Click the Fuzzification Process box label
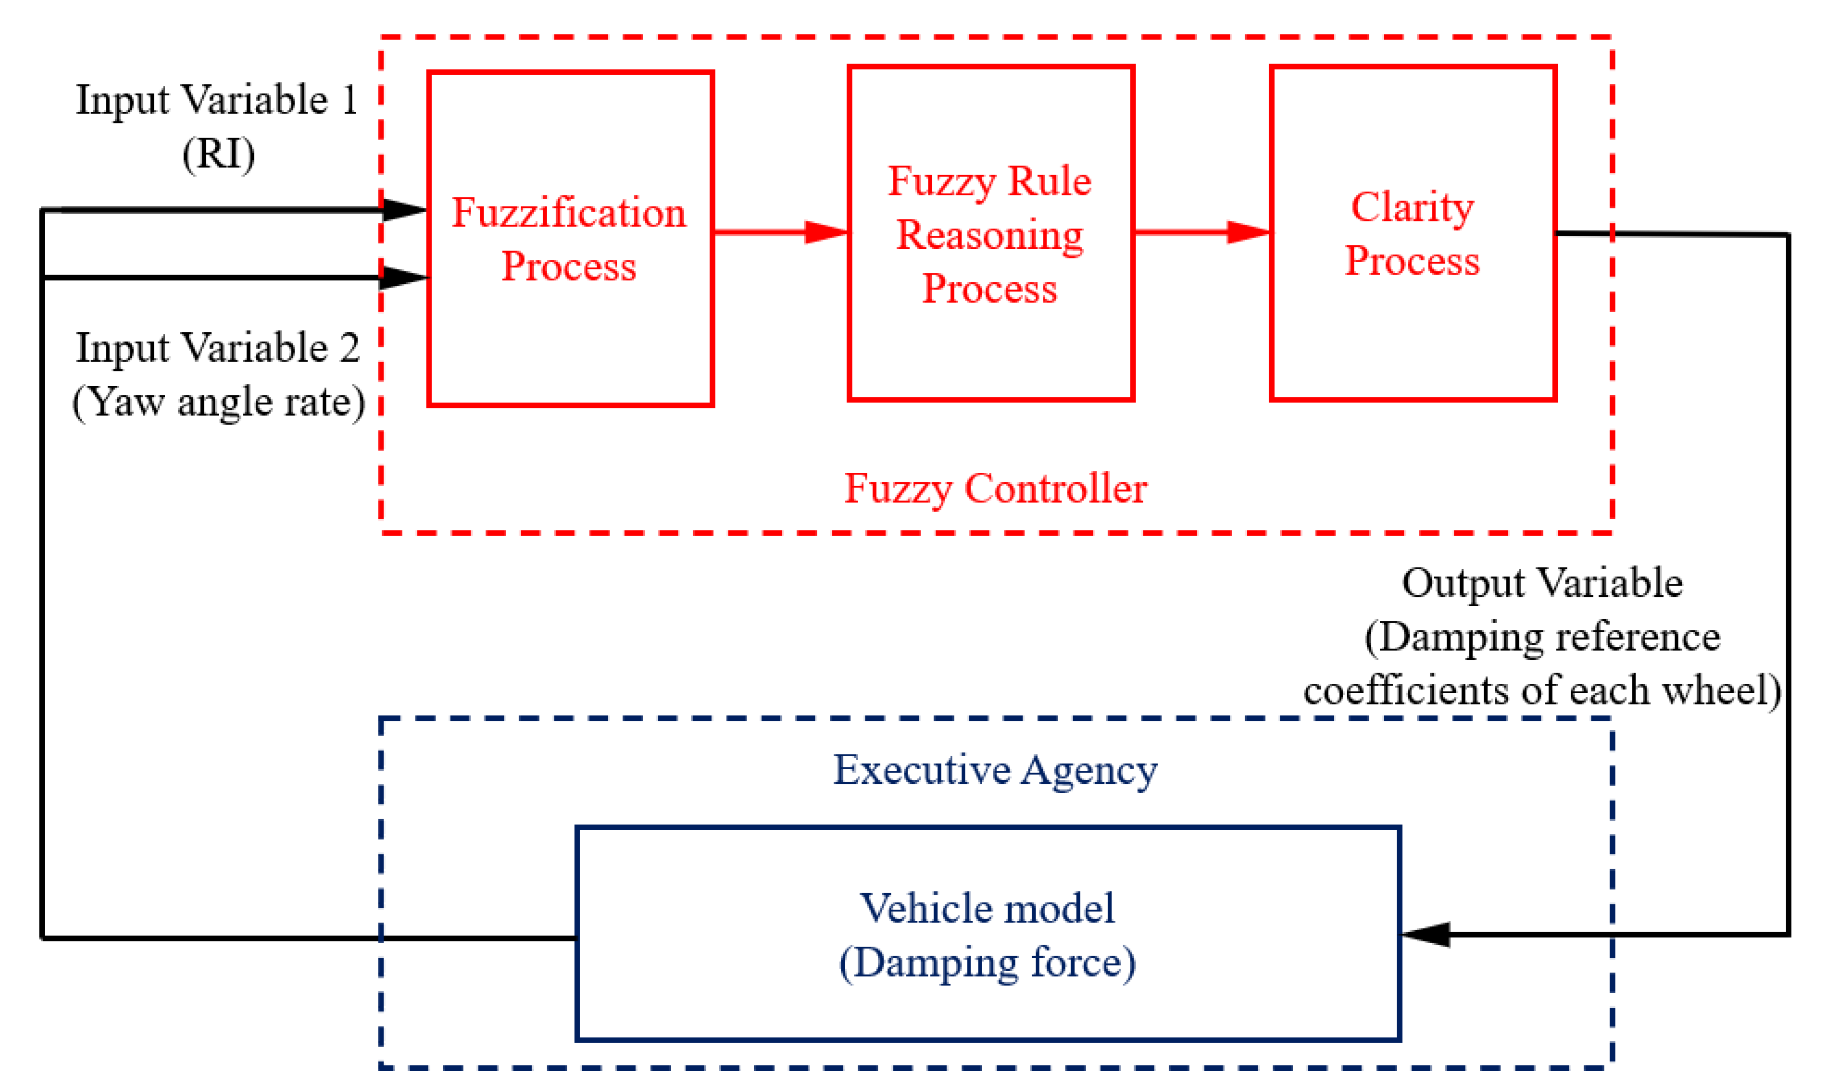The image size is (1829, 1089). (x=569, y=239)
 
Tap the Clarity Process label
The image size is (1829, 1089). (x=1412, y=234)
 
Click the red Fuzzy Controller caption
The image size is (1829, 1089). (x=995, y=489)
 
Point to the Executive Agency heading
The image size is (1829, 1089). (x=995, y=770)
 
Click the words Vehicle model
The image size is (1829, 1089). (x=988, y=908)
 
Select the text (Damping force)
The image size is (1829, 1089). (x=988, y=963)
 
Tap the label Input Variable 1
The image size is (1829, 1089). (x=217, y=101)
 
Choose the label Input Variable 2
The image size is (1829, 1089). (x=218, y=348)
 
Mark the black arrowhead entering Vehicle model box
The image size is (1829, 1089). (x=1425, y=934)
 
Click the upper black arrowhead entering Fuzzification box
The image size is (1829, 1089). (x=404, y=210)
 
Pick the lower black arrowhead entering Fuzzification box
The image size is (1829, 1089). (x=404, y=278)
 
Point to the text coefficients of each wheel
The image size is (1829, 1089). (x=1542, y=691)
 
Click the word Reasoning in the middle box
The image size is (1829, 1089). (x=990, y=235)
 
